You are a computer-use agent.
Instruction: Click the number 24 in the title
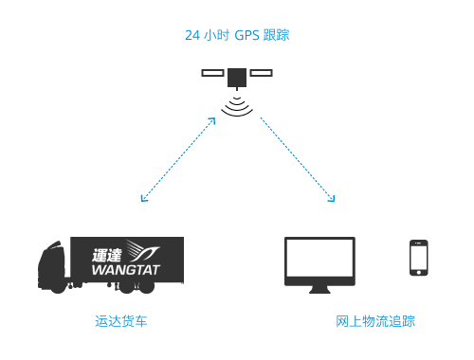(191, 36)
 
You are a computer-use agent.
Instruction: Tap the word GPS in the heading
(247, 36)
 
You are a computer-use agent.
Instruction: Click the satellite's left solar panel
(213, 72)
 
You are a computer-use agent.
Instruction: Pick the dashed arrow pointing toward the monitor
(296, 159)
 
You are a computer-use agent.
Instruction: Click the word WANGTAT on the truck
(126, 271)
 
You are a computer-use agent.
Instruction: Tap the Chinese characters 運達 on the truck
(109, 254)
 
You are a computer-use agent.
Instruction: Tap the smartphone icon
(417, 258)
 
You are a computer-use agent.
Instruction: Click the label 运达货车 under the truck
(121, 322)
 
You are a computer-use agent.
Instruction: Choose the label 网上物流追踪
(375, 322)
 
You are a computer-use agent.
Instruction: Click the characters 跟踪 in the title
(276, 36)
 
